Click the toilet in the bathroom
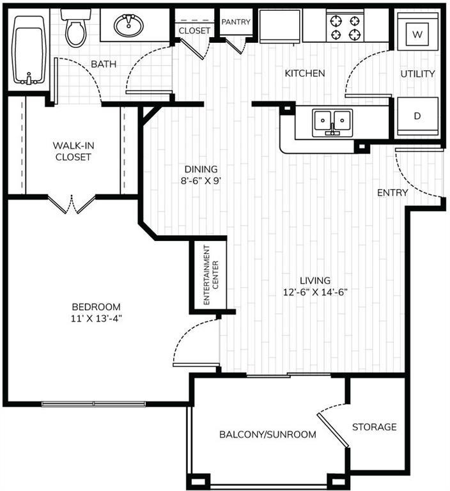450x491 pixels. (76, 29)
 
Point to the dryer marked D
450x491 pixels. (417, 116)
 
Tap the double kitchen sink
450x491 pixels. (332, 121)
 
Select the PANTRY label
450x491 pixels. (236, 22)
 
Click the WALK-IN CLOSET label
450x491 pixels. (72, 152)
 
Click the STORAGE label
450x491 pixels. (374, 426)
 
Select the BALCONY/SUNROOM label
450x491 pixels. (268, 435)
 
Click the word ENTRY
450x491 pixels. (392, 192)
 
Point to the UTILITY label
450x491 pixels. (417, 74)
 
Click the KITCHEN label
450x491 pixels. (305, 74)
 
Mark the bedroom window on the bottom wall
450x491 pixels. (94, 403)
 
